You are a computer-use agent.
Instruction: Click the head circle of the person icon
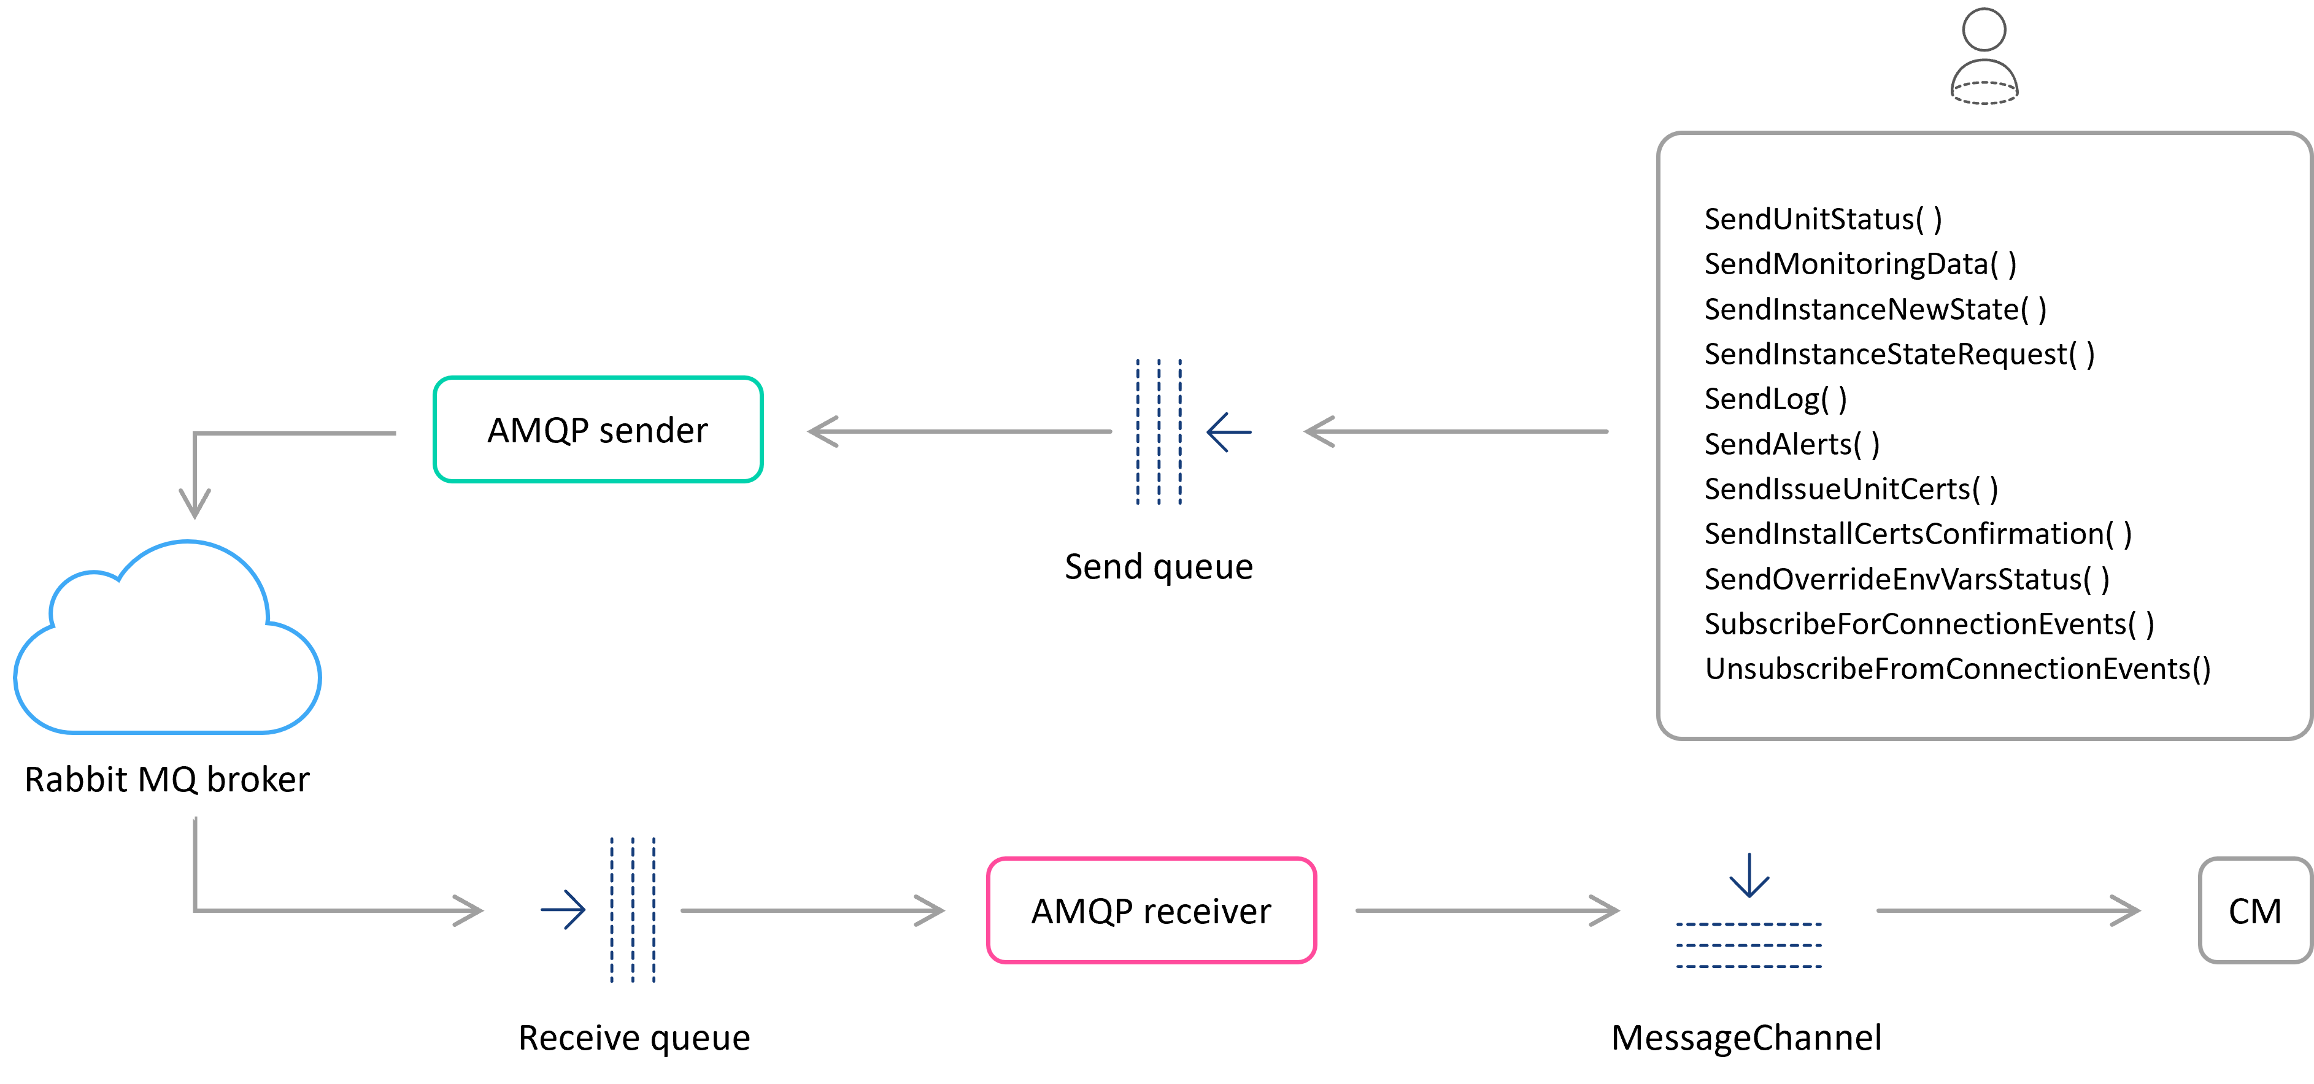(x=1984, y=29)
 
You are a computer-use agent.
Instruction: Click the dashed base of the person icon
(x=1984, y=93)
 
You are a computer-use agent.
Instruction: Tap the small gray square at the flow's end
(x=2254, y=910)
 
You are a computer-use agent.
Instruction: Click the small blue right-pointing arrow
(x=563, y=910)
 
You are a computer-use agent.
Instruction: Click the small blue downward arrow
(x=1749, y=875)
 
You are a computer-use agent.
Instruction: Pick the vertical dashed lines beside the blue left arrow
(x=1159, y=432)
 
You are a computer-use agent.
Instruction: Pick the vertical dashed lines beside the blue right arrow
(x=633, y=910)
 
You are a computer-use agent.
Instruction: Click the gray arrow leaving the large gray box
(x=1456, y=432)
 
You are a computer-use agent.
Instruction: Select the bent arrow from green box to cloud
(x=269, y=434)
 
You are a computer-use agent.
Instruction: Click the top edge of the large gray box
(x=1984, y=134)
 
